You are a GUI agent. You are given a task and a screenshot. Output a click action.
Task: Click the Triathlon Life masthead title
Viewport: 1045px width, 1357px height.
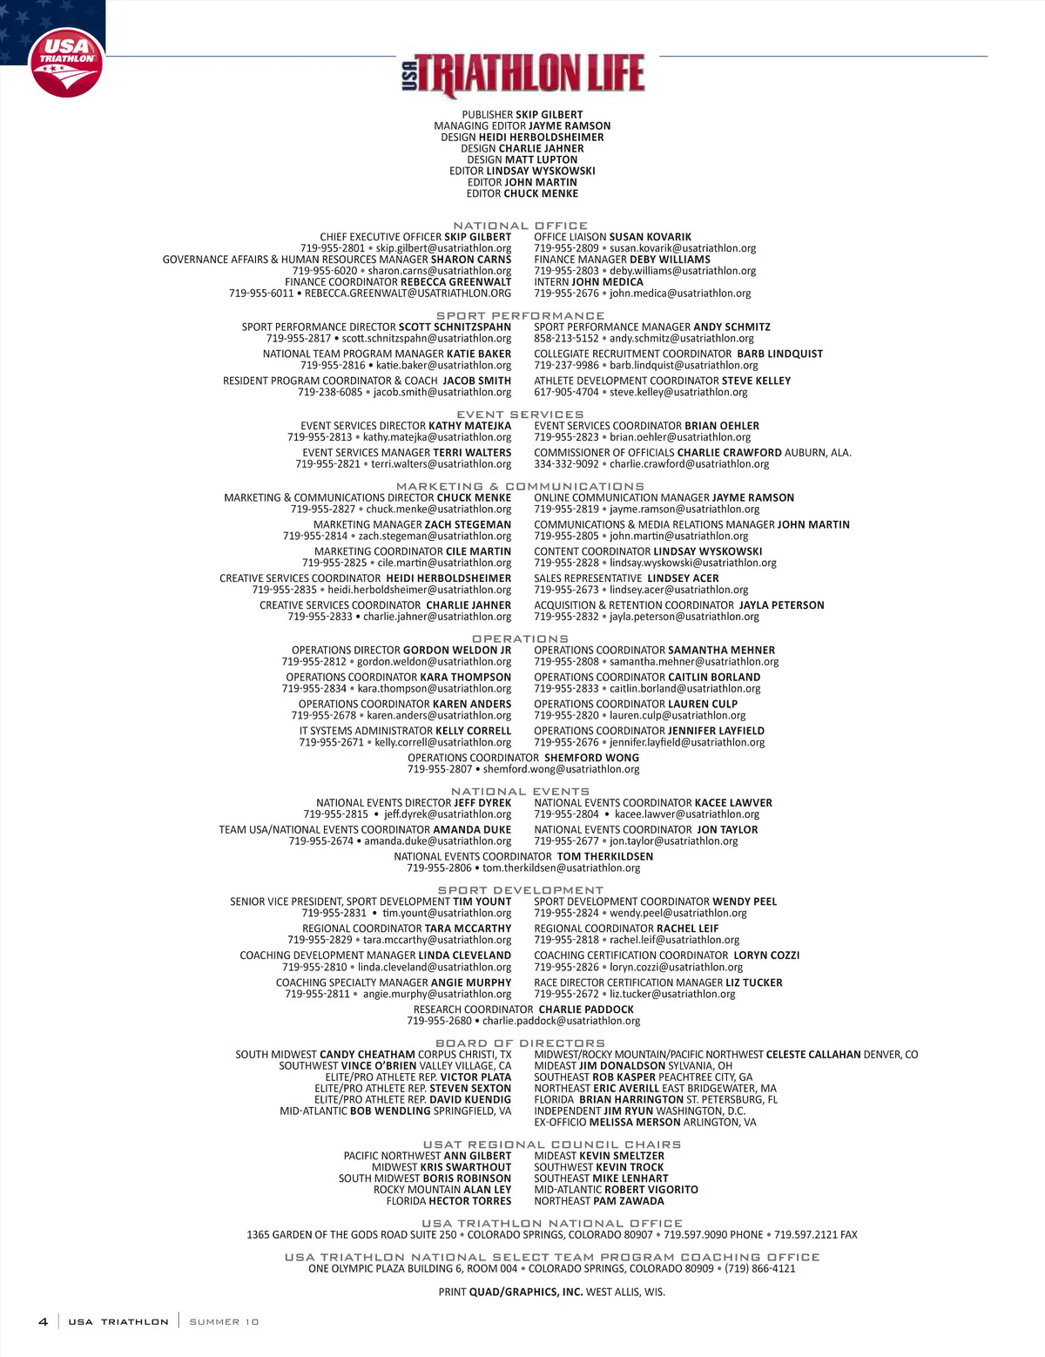click(523, 74)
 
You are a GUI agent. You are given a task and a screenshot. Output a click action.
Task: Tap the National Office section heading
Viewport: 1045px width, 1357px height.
click(520, 226)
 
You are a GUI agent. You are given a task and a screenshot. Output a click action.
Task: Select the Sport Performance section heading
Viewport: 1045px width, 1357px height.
click(520, 316)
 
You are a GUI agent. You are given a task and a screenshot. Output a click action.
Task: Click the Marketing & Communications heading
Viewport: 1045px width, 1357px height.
click(520, 487)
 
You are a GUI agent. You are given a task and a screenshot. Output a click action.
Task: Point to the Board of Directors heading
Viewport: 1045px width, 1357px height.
click(520, 1043)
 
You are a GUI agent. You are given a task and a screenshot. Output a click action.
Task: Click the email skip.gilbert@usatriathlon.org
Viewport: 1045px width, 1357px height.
click(443, 248)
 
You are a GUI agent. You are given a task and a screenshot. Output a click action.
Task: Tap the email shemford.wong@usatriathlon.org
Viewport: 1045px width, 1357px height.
click(561, 769)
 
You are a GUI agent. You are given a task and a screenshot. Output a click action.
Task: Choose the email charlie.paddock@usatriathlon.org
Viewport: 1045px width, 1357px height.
click(561, 1021)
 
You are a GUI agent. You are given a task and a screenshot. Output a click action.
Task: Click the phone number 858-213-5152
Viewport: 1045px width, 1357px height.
click(566, 339)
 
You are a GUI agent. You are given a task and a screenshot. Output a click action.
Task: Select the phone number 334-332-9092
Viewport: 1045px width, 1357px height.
click(566, 464)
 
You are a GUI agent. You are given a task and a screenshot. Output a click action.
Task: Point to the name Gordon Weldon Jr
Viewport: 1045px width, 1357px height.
click(457, 651)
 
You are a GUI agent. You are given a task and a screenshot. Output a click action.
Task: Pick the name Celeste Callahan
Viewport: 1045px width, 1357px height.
click(813, 1055)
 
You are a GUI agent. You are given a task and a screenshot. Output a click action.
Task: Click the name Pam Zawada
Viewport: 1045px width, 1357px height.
click(629, 1201)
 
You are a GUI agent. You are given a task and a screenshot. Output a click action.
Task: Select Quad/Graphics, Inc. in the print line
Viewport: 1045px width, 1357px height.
click(526, 1293)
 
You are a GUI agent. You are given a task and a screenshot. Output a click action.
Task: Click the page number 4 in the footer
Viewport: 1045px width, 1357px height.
click(44, 1321)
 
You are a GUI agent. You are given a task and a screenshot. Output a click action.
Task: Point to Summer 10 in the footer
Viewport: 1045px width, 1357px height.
click(224, 1322)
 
